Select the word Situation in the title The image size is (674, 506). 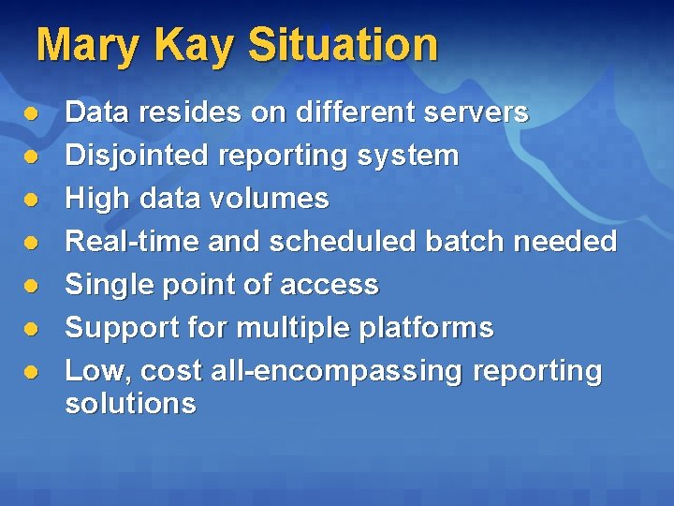tap(343, 45)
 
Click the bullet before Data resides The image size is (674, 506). tap(31, 113)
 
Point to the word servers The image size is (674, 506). tap(476, 112)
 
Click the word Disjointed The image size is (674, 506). tap(130, 156)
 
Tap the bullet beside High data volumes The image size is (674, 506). tap(31, 200)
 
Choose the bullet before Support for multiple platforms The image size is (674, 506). tap(31, 329)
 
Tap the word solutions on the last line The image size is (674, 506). tap(130, 404)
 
